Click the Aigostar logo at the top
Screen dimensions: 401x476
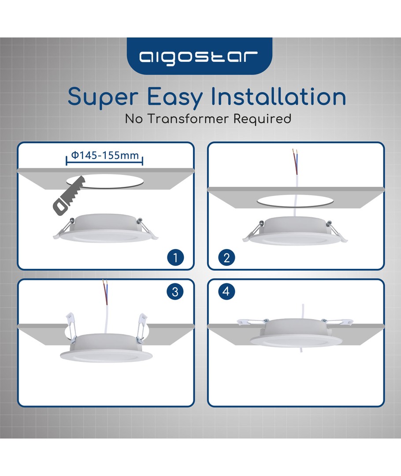point(199,57)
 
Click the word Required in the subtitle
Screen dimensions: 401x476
point(262,119)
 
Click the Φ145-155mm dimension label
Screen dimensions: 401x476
point(105,156)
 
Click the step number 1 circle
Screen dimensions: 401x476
point(175,258)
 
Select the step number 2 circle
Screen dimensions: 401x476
point(226,258)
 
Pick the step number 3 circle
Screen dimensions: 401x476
point(175,292)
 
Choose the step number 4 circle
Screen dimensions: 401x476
point(226,291)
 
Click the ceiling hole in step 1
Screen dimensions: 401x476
point(105,181)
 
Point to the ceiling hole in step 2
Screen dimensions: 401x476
point(295,201)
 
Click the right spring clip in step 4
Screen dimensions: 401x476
point(337,321)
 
